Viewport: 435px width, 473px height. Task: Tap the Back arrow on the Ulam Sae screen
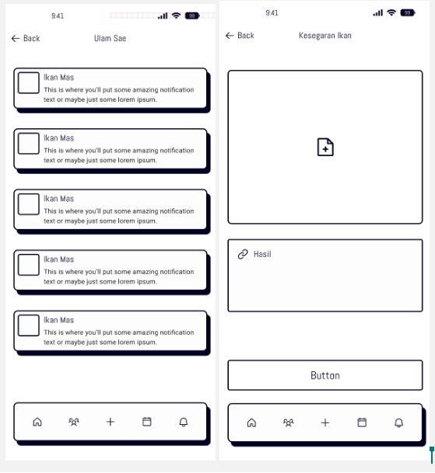coord(16,38)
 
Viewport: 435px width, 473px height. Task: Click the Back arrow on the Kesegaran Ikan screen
coord(230,36)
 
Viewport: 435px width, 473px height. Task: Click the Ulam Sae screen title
coord(110,38)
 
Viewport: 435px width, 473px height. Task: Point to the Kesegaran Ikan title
coord(325,36)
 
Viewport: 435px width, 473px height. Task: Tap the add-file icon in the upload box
coord(325,148)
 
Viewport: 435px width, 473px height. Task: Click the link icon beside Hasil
coord(243,254)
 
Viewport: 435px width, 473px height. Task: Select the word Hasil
coord(262,254)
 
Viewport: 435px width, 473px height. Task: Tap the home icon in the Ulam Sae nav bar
coord(37,422)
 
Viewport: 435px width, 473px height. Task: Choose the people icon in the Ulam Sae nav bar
coord(74,422)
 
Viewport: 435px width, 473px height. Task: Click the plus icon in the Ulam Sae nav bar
coord(111,422)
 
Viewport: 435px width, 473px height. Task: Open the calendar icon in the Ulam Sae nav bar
coord(147,422)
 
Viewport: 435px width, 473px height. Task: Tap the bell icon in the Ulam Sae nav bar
coord(184,422)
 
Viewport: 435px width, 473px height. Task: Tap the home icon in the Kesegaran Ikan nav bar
coord(251,423)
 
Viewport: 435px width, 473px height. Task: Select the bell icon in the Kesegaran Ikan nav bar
coord(398,423)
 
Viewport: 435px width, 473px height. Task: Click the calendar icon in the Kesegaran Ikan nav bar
coord(362,423)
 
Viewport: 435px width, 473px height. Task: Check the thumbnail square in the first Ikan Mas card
coord(29,82)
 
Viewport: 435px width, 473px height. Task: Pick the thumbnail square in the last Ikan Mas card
coord(29,325)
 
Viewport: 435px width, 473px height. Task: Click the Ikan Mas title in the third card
coord(58,199)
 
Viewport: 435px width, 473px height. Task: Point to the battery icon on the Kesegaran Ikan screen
coord(408,13)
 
